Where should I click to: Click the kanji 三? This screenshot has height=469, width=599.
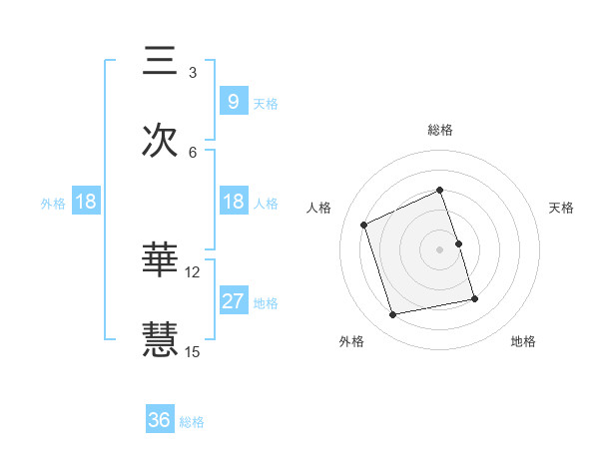(161, 62)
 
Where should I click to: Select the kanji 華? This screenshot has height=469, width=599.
(161, 261)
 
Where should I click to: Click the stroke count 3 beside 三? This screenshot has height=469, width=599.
(193, 73)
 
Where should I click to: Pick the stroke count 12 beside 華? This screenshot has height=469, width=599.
(193, 272)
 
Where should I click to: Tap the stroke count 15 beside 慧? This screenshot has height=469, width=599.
(193, 351)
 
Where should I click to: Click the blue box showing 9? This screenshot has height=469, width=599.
(233, 101)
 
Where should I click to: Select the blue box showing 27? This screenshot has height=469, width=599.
(233, 300)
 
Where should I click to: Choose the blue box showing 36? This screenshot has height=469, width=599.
(160, 420)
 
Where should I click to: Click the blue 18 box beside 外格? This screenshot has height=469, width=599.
(86, 202)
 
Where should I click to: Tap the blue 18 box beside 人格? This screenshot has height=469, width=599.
(233, 202)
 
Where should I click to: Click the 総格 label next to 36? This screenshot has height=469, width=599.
(192, 422)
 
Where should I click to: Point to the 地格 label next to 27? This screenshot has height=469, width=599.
(266, 302)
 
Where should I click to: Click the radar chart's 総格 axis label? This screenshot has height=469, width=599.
(440, 130)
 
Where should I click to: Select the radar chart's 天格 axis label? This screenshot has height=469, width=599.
(562, 208)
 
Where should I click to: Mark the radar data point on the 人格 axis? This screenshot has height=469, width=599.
(364, 225)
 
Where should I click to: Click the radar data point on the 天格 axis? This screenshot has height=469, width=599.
(458, 243)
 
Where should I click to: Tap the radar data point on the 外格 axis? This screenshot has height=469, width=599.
(393, 315)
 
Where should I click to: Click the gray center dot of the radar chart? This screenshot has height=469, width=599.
(440, 249)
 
